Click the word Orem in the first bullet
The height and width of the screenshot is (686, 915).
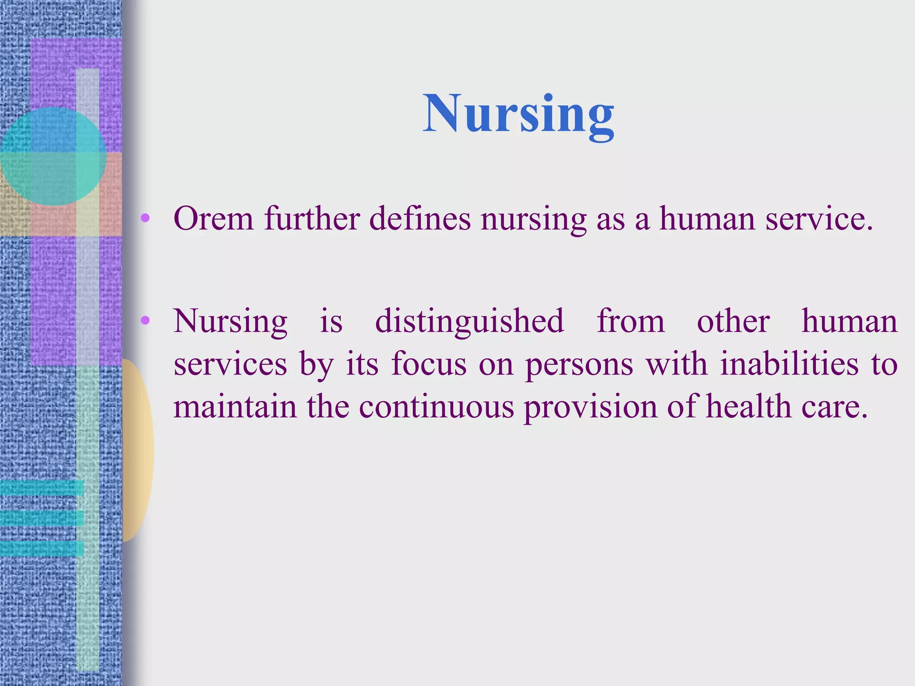click(x=214, y=219)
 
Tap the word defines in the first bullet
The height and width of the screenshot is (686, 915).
click(x=420, y=219)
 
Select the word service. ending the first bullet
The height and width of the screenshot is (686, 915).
click(x=818, y=219)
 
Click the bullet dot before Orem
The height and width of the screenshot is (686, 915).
click(x=145, y=218)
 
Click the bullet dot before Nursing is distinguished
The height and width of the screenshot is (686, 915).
click(x=145, y=320)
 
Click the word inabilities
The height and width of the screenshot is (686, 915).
click(x=789, y=364)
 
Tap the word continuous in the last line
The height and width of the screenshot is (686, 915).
click(x=436, y=407)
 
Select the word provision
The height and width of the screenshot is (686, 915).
click(x=590, y=407)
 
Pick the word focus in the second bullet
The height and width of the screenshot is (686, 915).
click(x=429, y=364)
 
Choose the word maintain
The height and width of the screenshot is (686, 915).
click(x=235, y=407)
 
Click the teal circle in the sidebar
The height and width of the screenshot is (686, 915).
click(x=53, y=156)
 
